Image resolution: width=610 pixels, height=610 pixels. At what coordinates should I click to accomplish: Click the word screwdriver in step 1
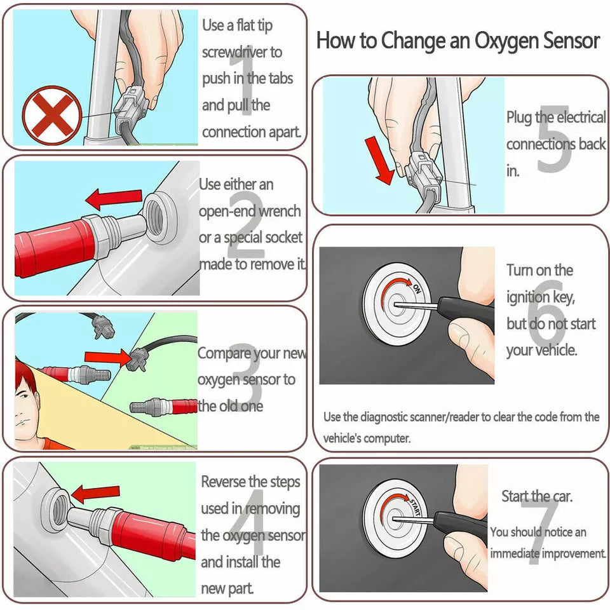coord(242,52)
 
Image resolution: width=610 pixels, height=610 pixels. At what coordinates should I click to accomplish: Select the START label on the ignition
coord(414,506)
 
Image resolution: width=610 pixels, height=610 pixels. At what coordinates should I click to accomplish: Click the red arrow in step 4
coord(96,492)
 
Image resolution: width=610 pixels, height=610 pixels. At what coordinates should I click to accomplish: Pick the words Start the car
coord(537,496)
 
